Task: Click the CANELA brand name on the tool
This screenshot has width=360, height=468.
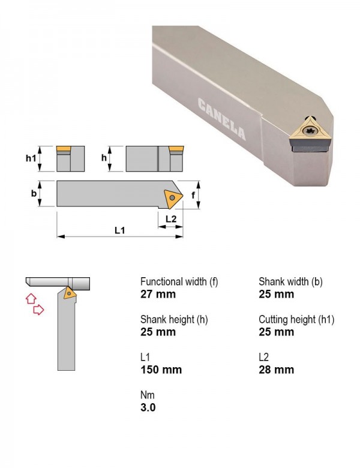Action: tap(221, 118)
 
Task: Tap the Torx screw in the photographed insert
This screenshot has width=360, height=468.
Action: tap(309, 130)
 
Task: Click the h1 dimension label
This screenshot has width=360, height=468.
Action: tap(31, 158)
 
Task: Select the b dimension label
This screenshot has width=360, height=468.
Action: tap(34, 193)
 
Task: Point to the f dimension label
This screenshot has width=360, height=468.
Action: tap(193, 195)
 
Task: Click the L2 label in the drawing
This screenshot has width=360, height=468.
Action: tap(171, 219)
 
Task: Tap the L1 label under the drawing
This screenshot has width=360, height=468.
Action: tap(120, 230)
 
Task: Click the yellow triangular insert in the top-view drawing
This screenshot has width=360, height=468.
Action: tap(173, 198)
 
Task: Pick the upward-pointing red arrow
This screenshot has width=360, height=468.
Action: tap(31, 298)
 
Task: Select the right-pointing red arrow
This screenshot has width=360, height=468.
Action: tap(38, 310)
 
